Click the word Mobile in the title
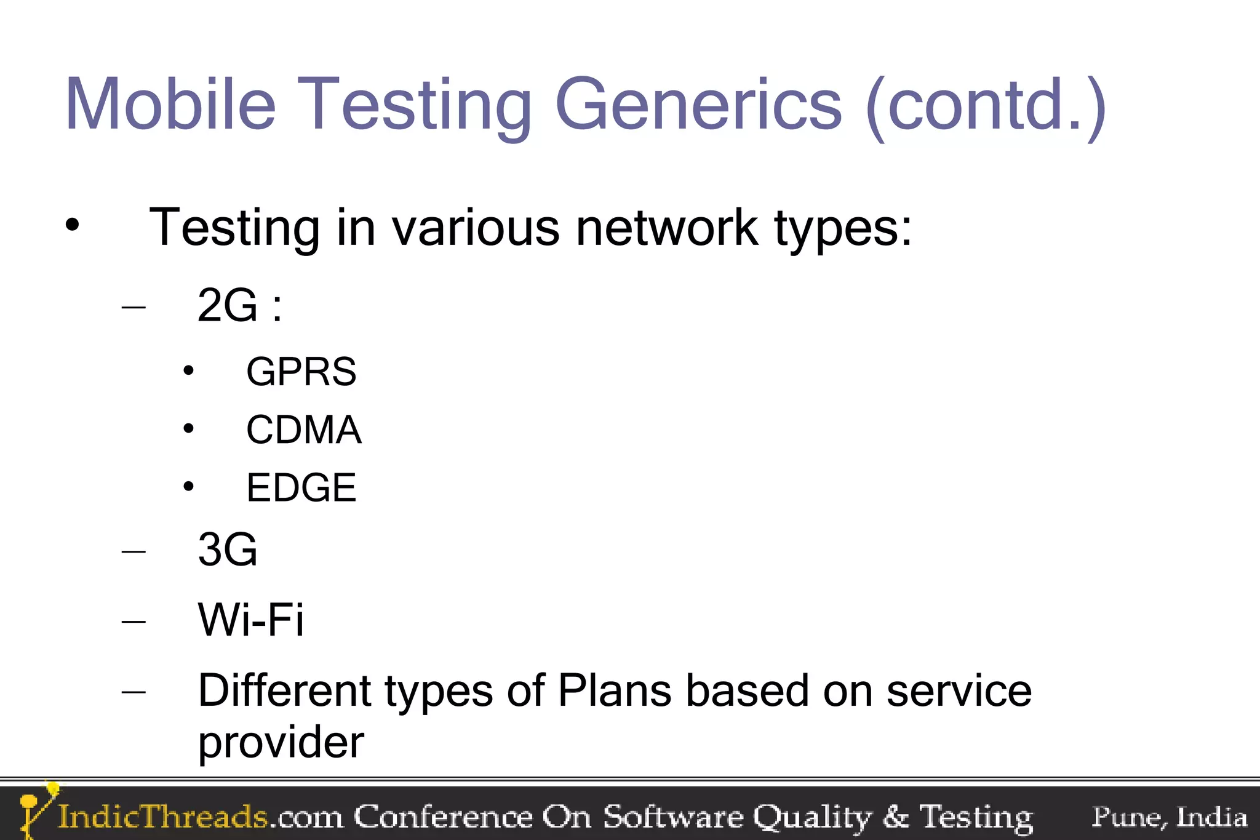[170, 105]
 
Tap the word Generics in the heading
[698, 105]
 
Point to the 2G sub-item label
[228, 305]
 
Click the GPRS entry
[301, 372]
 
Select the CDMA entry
[303, 430]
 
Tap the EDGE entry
[301, 487]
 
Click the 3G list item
[228, 549]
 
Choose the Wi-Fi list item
[250, 619]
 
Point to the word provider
[281, 742]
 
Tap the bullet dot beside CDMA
[188, 428]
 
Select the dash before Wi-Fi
[134, 622]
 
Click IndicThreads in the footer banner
[162, 817]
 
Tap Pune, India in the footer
[1169, 817]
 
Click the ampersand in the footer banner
[895, 817]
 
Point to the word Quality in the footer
[812, 817]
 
